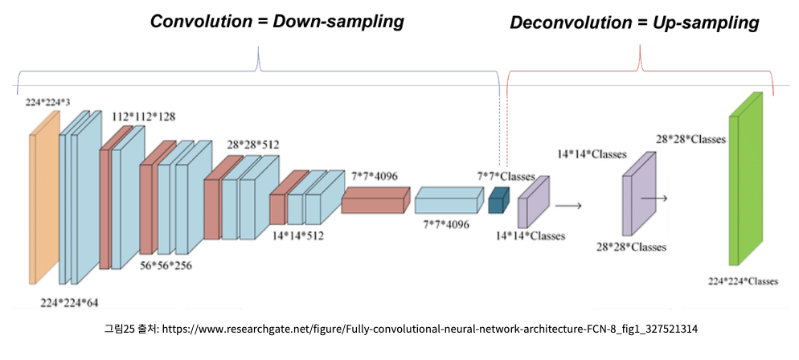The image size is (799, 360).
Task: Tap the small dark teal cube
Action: (x=499, y=201)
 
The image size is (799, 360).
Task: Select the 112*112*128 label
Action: (x=144, y=117)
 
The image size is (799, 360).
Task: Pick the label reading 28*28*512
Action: (x=253, y=145)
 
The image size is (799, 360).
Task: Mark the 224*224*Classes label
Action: (x=743, y=281)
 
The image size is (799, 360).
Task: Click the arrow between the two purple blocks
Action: (x=568, y=206)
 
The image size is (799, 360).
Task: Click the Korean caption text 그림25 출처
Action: (x=129, y=329)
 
